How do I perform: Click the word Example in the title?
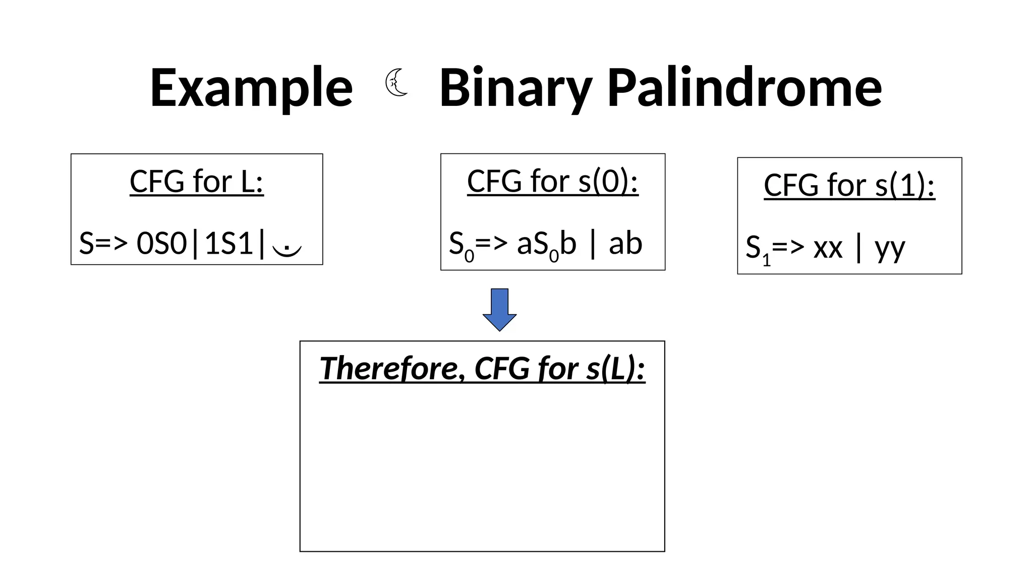click(x=251, y=88)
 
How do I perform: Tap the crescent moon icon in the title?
click(x=396, y=83)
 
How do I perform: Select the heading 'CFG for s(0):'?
click(x=552, y=181)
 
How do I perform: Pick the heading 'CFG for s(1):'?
click(x=849, y=185)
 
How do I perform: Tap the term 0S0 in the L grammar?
click(x=161, y=244)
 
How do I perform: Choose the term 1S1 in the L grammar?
click(x=229, y=244)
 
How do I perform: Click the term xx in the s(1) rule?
click(x=828, y=248)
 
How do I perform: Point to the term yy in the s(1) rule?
click(x=890, y=249)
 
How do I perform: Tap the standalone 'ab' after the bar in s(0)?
click(x=625, y=244)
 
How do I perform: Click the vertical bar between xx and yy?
click(x=858, y=248)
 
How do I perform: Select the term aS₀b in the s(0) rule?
click(x=546, y=245)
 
